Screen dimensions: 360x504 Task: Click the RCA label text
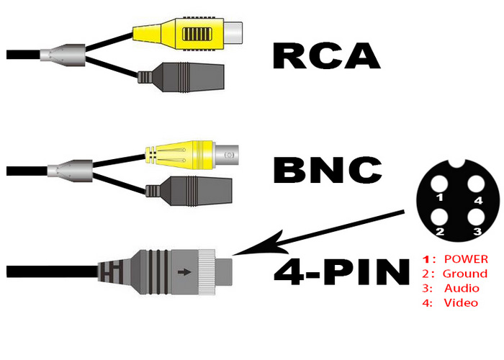coord(326,55)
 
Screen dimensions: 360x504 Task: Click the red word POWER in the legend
coord(466,258)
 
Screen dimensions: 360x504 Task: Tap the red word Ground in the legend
coord(465,274)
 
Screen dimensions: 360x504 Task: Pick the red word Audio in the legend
coord(462,288)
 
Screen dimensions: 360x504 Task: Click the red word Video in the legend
coord(462,303)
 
